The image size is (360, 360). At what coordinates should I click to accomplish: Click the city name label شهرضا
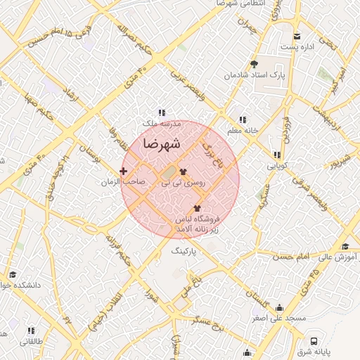pos(161,143)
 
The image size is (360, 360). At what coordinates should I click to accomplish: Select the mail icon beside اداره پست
pos(297,37)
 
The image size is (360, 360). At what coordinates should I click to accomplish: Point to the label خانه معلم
pos(243,131)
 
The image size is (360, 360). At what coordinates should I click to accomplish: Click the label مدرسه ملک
pos(162,123)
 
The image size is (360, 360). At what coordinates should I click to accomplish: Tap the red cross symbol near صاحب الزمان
pos(124,171)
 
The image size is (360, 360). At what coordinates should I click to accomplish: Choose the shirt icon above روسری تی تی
pos(184,171)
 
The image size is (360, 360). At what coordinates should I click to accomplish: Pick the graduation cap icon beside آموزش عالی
pos(345,246)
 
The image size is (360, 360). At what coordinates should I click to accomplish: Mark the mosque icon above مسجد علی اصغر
pos(280,307)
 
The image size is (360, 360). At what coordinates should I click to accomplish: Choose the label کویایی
pos(276,166)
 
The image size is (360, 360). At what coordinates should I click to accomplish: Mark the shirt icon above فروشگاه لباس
pos(196,208)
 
